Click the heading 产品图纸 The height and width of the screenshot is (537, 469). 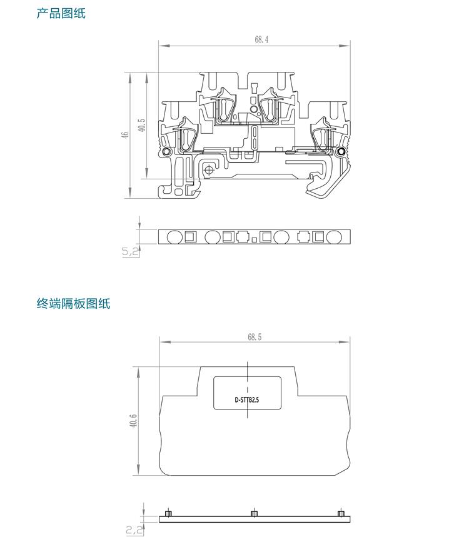pyautogui.click(x=61, y=13)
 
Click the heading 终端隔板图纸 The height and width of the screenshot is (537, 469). pyautogui.click(x=73, y=304)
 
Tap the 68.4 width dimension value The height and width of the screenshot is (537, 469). pyautogui.click(x=261, y=39)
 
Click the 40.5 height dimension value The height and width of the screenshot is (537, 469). pyautogui.click(x=142, y=125)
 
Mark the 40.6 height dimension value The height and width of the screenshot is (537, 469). pyautogui.click(x=134, y=422)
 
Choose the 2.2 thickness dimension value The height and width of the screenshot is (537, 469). pyautogui.click(x=133, y=530)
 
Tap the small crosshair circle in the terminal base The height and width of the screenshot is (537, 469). pyautogui.click(x=209, y=169)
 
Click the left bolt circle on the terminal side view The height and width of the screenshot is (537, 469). pyautogui.click(x=167, y=153)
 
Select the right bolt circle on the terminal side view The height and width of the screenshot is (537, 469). pyautogui.click(x=341, y=153)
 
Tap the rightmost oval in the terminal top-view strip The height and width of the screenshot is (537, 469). pyautogui.click(x=333, y=236)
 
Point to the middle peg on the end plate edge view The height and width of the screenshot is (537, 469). pyautogui.click(x=253, y=514)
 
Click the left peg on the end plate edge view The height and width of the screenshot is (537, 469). pyautogui.click(x=168, y=514)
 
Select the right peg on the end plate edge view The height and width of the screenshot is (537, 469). pyautogui.click(x=340, y=514)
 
